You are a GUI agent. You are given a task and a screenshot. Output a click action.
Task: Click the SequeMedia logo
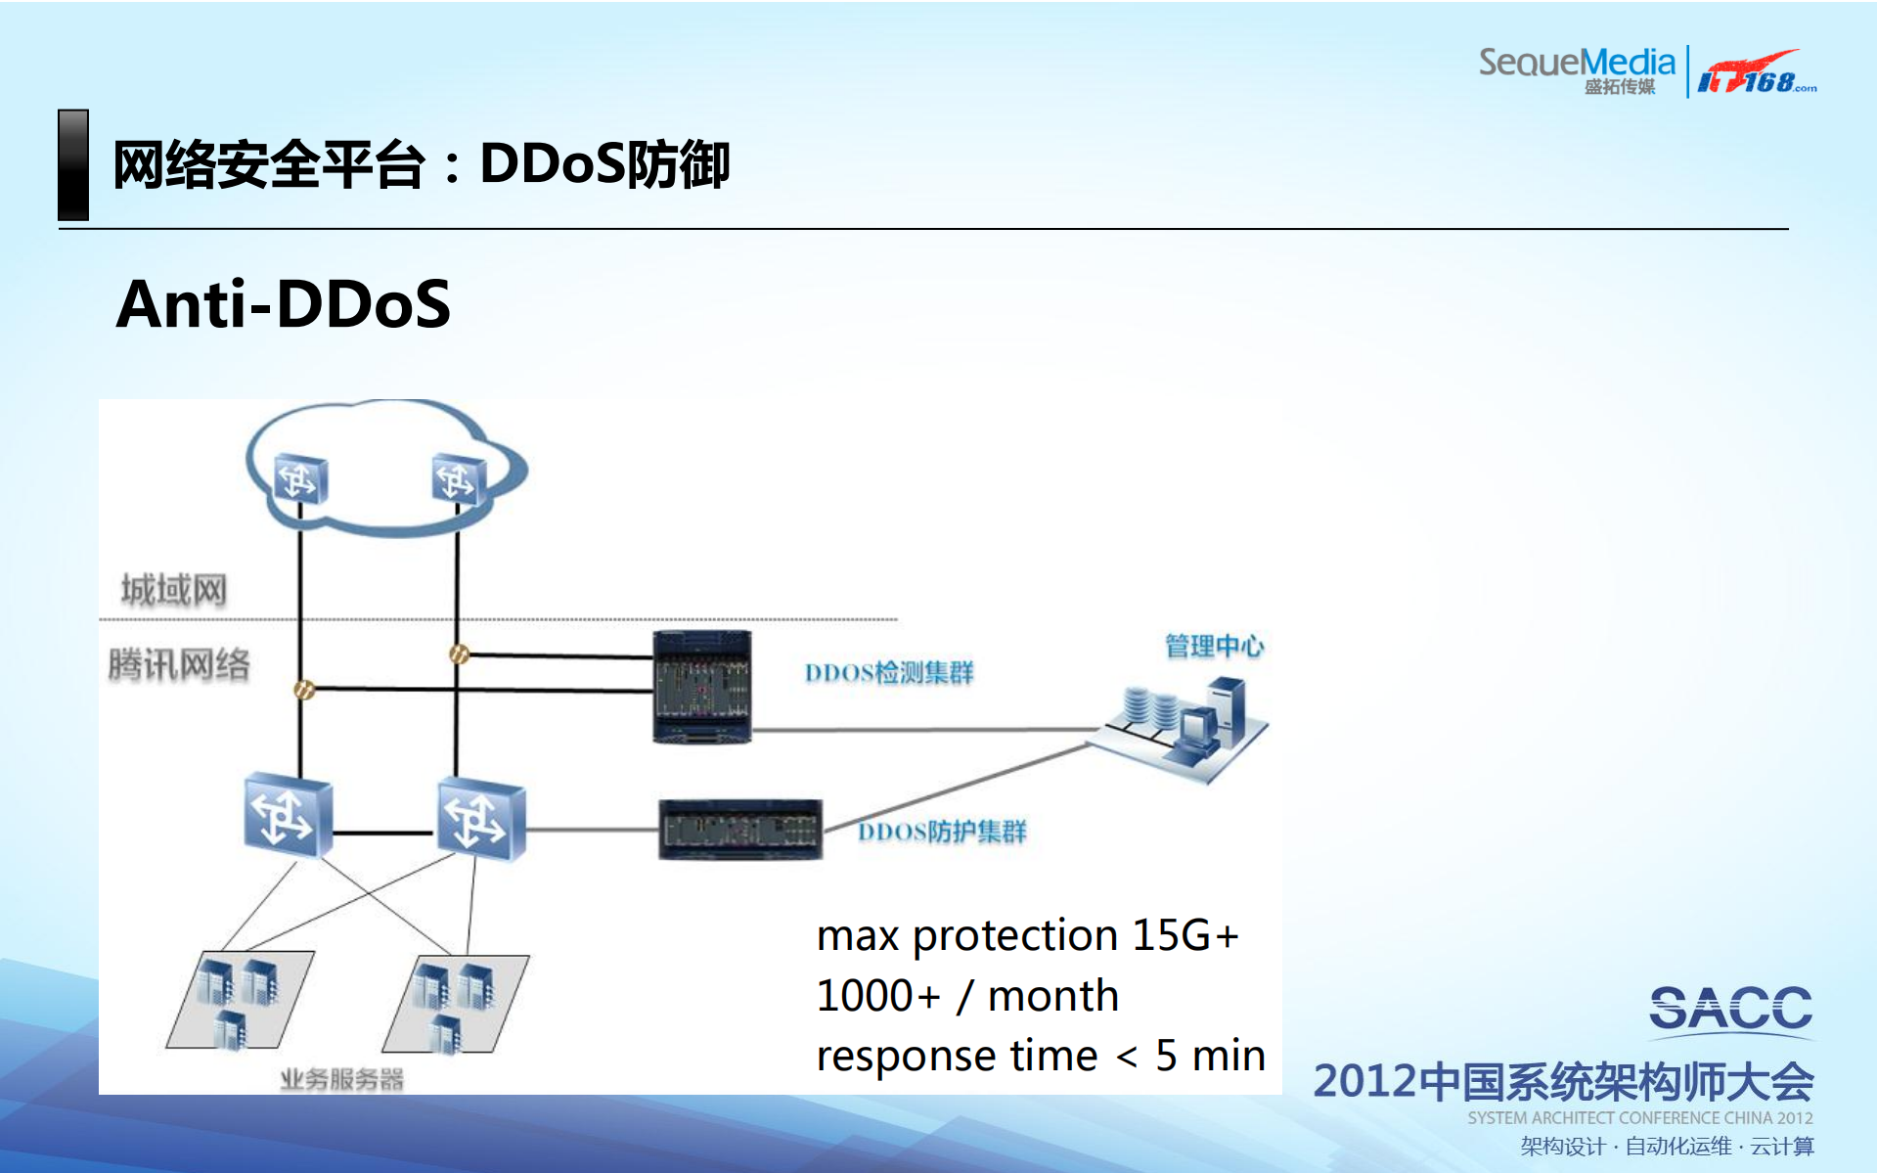(x=1577, y=68)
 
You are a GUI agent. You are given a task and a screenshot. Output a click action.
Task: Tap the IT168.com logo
(x=1756, y=72)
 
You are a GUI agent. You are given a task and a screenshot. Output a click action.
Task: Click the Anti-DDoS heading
(x=284, y=304)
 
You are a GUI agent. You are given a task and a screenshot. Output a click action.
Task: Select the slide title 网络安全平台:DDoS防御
(x=421, y=164)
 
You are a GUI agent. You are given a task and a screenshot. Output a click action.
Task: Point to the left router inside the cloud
(x=299, y=479)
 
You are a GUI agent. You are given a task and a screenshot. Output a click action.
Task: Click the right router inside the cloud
(x=458, y=479)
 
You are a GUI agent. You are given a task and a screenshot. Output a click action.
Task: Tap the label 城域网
(x=173, y=590)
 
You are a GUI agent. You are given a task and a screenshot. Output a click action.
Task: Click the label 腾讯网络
(x=179, y=664)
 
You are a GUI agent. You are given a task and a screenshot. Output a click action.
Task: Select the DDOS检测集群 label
(x=888, y=673)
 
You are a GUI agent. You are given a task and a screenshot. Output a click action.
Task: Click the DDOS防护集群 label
(x=941, y=832)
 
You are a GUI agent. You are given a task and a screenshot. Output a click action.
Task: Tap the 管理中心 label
(x=1214, y=646)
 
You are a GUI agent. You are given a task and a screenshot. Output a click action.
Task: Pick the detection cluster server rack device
(x=702, y=687)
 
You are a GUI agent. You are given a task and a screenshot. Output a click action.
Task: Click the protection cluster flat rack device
(x=740, y=830)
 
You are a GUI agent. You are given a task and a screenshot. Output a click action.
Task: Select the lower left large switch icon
(x=288, y=816)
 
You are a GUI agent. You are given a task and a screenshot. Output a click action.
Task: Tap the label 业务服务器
(x=341, y=1079)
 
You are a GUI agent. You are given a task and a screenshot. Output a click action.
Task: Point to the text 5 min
(x=1210, y=1056)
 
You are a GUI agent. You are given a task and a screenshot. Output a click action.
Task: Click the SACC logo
(x=1729, y=1008)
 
